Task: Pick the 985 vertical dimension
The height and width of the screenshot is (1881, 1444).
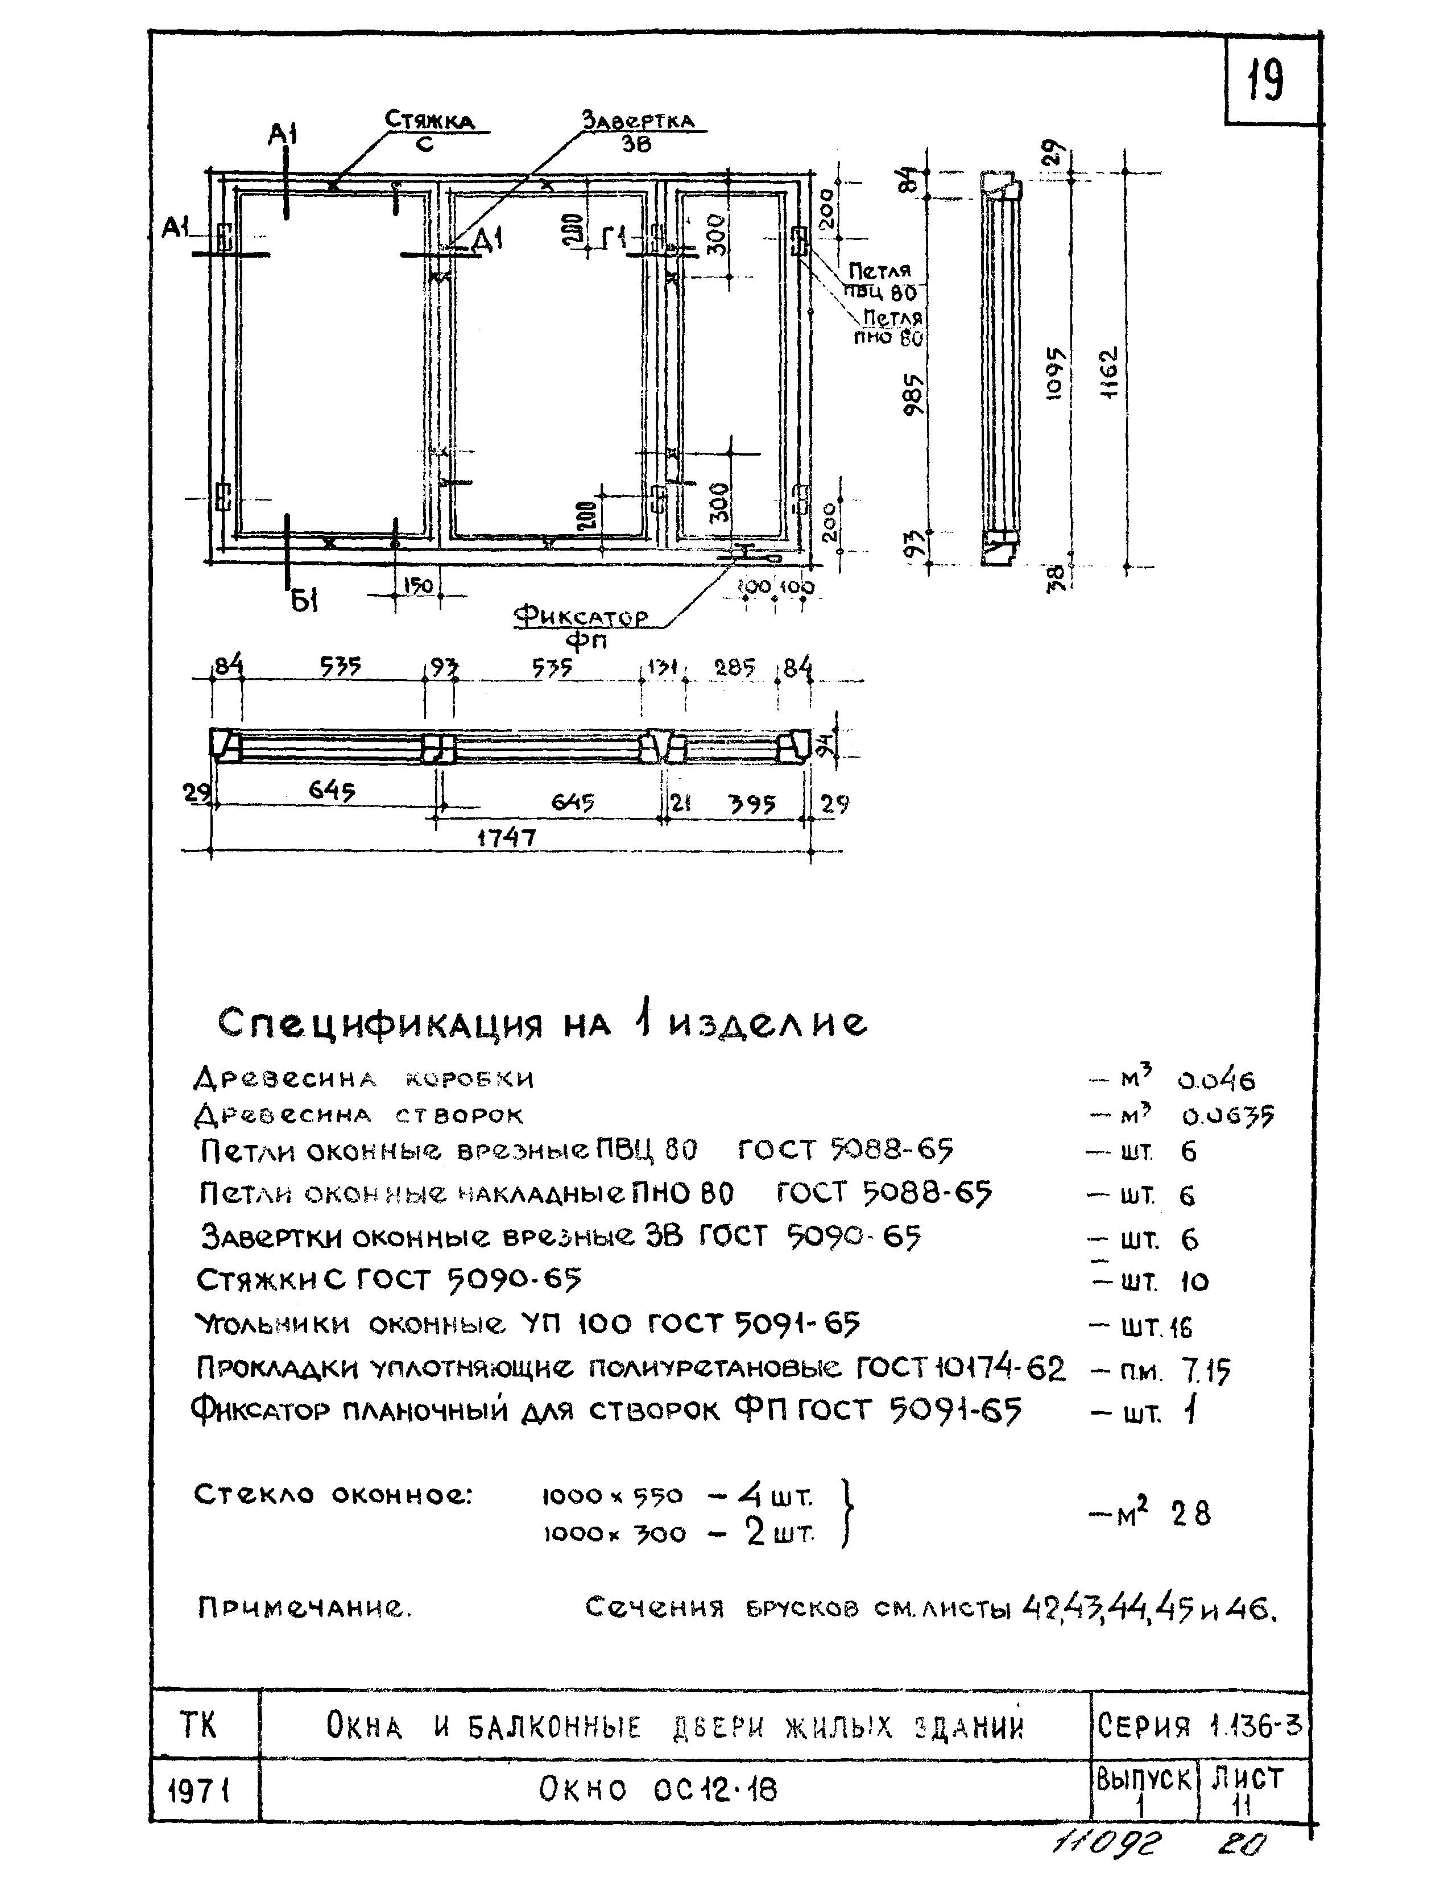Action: pyautogui.click(x=915, y=393)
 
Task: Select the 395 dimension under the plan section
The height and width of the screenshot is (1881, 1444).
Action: pyautogui.click(x=751, y=804)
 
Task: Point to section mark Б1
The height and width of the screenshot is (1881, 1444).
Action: pyautogui.click(x=303, y=600)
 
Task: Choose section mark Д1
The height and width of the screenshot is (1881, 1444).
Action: pyautogui.click(x=488, y=241)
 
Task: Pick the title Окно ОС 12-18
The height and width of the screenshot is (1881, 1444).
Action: pyautogui.click(x=657, y=1790)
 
